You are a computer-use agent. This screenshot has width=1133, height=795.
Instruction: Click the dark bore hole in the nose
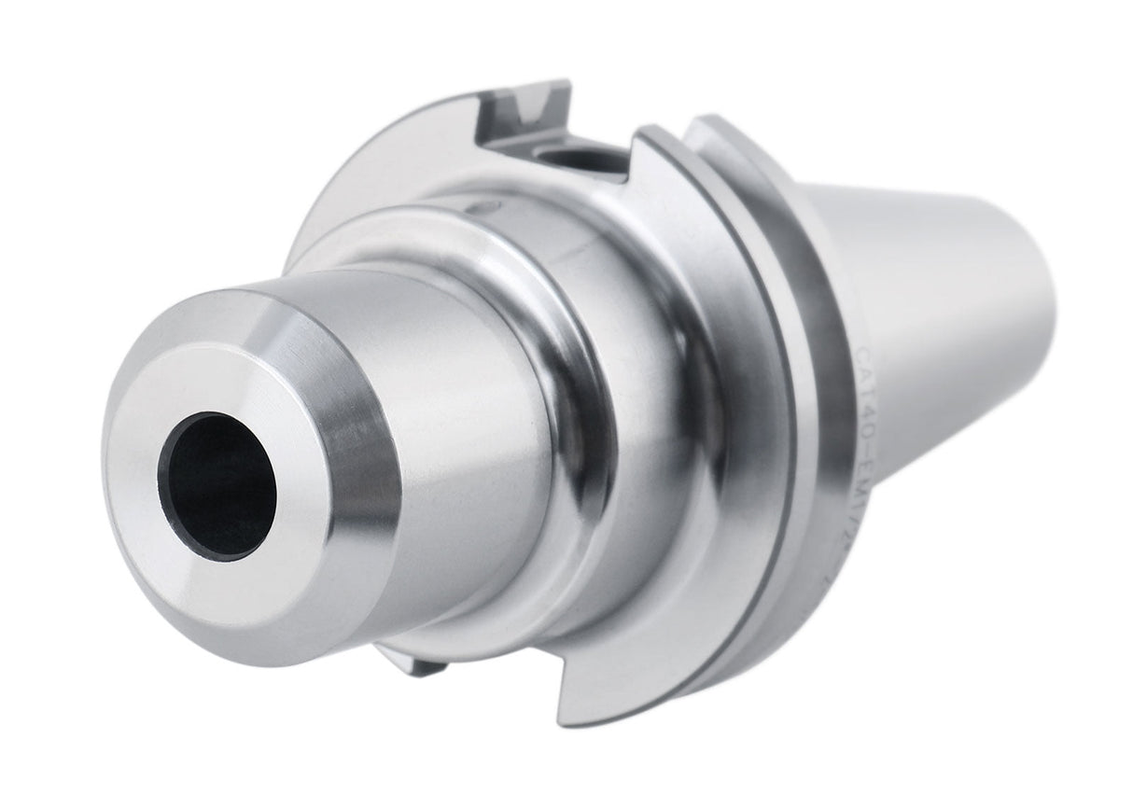coord(217,485)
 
